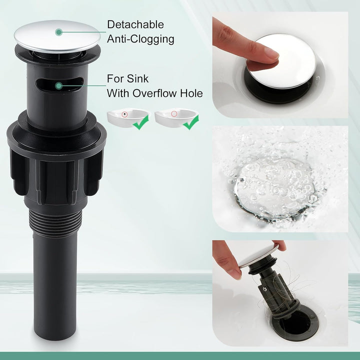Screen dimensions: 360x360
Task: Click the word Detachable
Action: pos(135,24)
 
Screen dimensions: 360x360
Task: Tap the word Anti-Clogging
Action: pos(140,39)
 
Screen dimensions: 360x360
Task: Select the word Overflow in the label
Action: pos(154,93)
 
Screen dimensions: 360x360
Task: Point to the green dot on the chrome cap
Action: pos(59,32)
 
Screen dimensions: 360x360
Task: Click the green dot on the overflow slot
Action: pos(59,86)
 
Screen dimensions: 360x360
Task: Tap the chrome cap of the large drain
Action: pos(57,36)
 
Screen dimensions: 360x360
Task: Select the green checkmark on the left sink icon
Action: pos(140,122)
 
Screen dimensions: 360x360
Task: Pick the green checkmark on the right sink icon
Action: pos(191,122)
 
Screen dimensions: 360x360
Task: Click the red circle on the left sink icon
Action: pos(124,114)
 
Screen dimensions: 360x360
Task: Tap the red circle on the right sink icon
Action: pos(174,114)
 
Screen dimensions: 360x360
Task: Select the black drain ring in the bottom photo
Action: pos(295,321)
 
